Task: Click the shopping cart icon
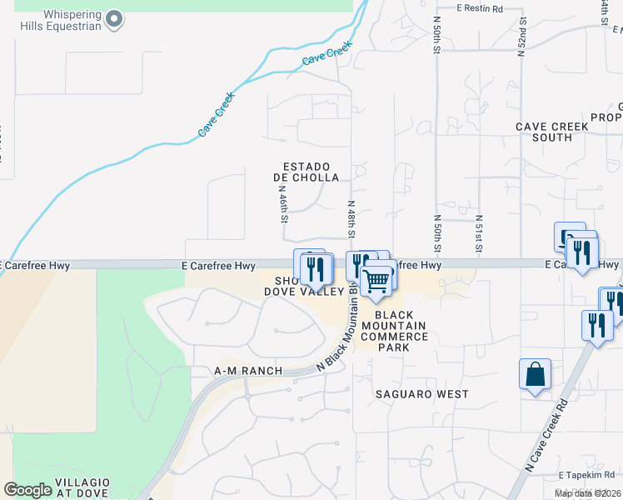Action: click(x=376, y=281)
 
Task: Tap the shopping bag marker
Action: click(x=535, y=375)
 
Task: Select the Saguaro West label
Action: click(x=421, y=394)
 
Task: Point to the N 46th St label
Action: click(x=282, y=204)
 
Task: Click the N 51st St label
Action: click(x=479, y=233)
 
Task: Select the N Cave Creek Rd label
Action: click(x=547, y=434)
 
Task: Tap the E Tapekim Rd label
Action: click(x=587, y=474)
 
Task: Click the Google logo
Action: click(x=27, y=490)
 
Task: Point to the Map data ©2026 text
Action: click(x=587, y=493)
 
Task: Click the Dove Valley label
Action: click(x=304, y=291)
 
